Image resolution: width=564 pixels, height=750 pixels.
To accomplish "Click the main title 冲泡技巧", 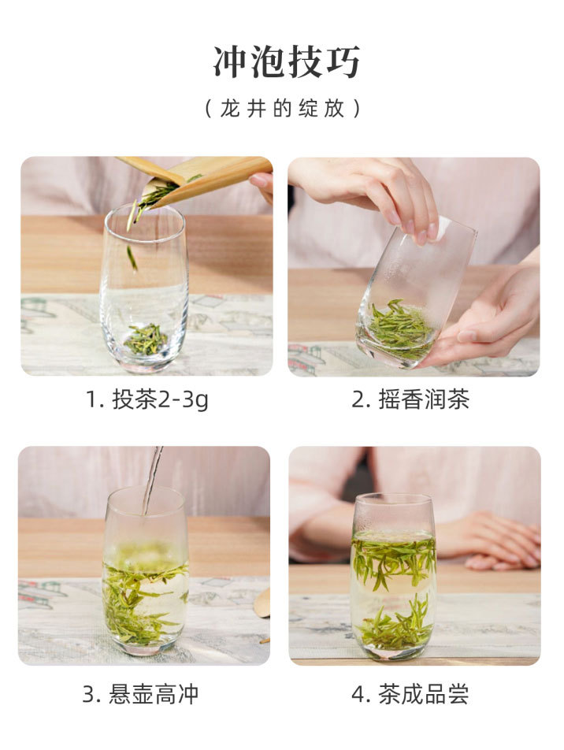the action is pyautogui.click(x=286, y=61).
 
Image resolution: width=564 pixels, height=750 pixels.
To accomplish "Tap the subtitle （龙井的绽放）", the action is pyautogui.click(x=282, y=109).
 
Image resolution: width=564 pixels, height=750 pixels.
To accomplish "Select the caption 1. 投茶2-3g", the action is pyautogui.click(x=147, y=399).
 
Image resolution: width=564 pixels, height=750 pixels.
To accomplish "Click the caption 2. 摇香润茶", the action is pyautogui.click(x=410, y=399).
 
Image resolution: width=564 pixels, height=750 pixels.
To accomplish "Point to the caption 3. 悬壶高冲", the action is pyautogui.click(x=140, y=694).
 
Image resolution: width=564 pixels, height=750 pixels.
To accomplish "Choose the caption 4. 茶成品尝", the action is pyautogui.click(x=410, y=694).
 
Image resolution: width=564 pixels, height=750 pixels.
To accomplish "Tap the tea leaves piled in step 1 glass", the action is pyautogui.click(x=146, y=340).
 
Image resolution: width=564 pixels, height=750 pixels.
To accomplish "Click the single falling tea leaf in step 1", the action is pyautogui.click(x=132, y=258).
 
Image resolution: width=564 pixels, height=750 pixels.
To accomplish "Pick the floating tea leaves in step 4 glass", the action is pyautogui.click(x=393, y=562).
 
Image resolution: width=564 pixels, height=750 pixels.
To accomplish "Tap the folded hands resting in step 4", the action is pyautogui.click(x=498, y=540).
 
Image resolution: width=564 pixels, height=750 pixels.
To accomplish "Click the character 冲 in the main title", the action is pyautogui.click(x=231, y=61).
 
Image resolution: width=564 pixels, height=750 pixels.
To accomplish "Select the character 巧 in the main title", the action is pyautogui.click(x=343, y=61).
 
